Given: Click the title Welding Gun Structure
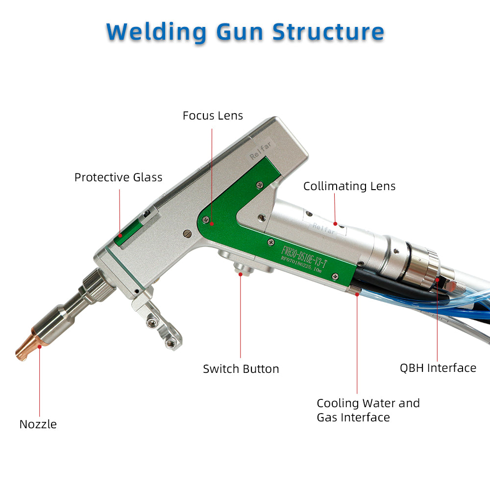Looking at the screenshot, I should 245,32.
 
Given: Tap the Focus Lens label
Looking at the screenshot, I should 213,116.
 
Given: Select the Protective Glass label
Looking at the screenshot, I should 118,177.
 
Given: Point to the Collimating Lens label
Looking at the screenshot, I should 349,186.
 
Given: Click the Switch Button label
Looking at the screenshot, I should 241,369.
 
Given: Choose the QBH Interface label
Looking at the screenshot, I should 438,368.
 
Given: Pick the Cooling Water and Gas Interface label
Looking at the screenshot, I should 367,410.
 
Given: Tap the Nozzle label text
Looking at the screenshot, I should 38,424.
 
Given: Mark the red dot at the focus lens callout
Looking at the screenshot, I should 212,223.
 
